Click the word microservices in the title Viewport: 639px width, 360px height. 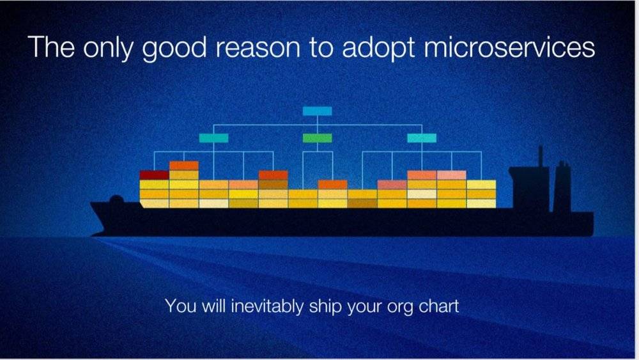509,47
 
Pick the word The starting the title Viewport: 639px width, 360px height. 51,47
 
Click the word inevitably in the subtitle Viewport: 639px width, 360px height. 267,306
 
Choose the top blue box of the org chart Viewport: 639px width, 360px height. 317,111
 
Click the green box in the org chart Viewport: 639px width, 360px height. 317,138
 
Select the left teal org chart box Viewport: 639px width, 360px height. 213,138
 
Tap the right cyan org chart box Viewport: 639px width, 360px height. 422,138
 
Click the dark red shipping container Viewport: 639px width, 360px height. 154,175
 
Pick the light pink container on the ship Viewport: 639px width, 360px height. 452,175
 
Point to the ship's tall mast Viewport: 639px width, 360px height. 541,156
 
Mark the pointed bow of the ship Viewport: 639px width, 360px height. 91,203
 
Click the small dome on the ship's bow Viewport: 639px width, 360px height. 116,199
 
